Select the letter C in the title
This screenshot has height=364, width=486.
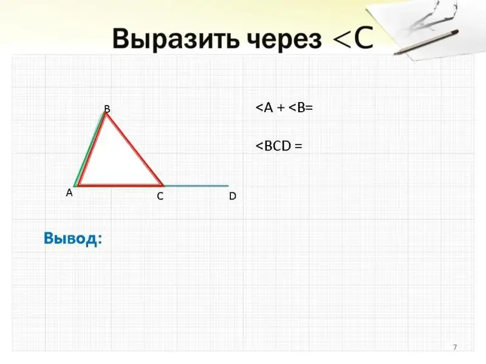pos(363,39)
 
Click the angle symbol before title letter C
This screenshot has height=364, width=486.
pos(341,39)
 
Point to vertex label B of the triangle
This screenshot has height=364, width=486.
pos(107,109)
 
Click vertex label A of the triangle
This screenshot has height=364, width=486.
pos(69,193)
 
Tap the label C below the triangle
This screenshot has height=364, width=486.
pos(160,196)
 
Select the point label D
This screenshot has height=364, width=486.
pos(233,196)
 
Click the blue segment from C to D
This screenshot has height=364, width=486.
pos(196,186)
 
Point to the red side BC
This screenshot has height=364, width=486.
pos(134,149)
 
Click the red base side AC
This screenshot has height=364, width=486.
pos(120,185)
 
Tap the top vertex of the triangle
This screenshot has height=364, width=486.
pos(106,113)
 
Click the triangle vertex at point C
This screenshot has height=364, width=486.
pos(163,186)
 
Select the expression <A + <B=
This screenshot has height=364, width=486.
pos(284,108)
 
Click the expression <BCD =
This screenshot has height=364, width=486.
pos(279,146)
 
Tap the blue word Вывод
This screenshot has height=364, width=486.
pos(73,238)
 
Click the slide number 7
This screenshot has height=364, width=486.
pos(455,347)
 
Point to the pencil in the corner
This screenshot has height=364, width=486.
pos(426,42)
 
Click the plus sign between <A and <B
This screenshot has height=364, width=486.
pos(281,108)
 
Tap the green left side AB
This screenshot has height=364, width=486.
pos(89,149)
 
